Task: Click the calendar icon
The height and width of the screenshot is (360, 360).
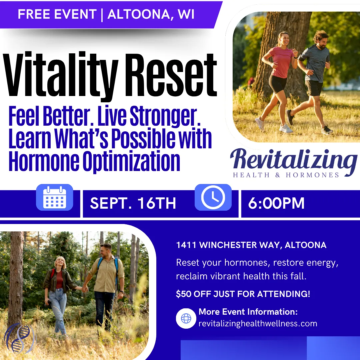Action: (55, 197)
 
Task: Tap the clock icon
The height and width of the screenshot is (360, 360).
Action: (213, 197)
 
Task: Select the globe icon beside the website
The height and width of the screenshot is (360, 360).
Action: (186, 318)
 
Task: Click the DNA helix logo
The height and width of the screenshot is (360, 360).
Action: (20, 338)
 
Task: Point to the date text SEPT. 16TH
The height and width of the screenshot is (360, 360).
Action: (133, 203)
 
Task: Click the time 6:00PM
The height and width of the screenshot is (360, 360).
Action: (276, 203)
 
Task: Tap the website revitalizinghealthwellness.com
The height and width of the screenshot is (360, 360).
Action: (258, 323)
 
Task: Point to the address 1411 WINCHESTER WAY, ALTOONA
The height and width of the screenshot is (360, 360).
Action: (251, 245)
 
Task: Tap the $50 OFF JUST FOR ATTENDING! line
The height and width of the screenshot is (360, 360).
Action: (243, 294)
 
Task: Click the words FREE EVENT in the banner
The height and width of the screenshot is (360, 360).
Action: (57, 14)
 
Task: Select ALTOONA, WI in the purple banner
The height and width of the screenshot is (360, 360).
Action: (151, 14)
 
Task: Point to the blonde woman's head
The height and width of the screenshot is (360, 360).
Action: (60, 262)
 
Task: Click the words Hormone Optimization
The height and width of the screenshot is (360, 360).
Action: (94, 161)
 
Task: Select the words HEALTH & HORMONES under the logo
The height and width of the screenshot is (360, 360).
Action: (286, 175)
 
